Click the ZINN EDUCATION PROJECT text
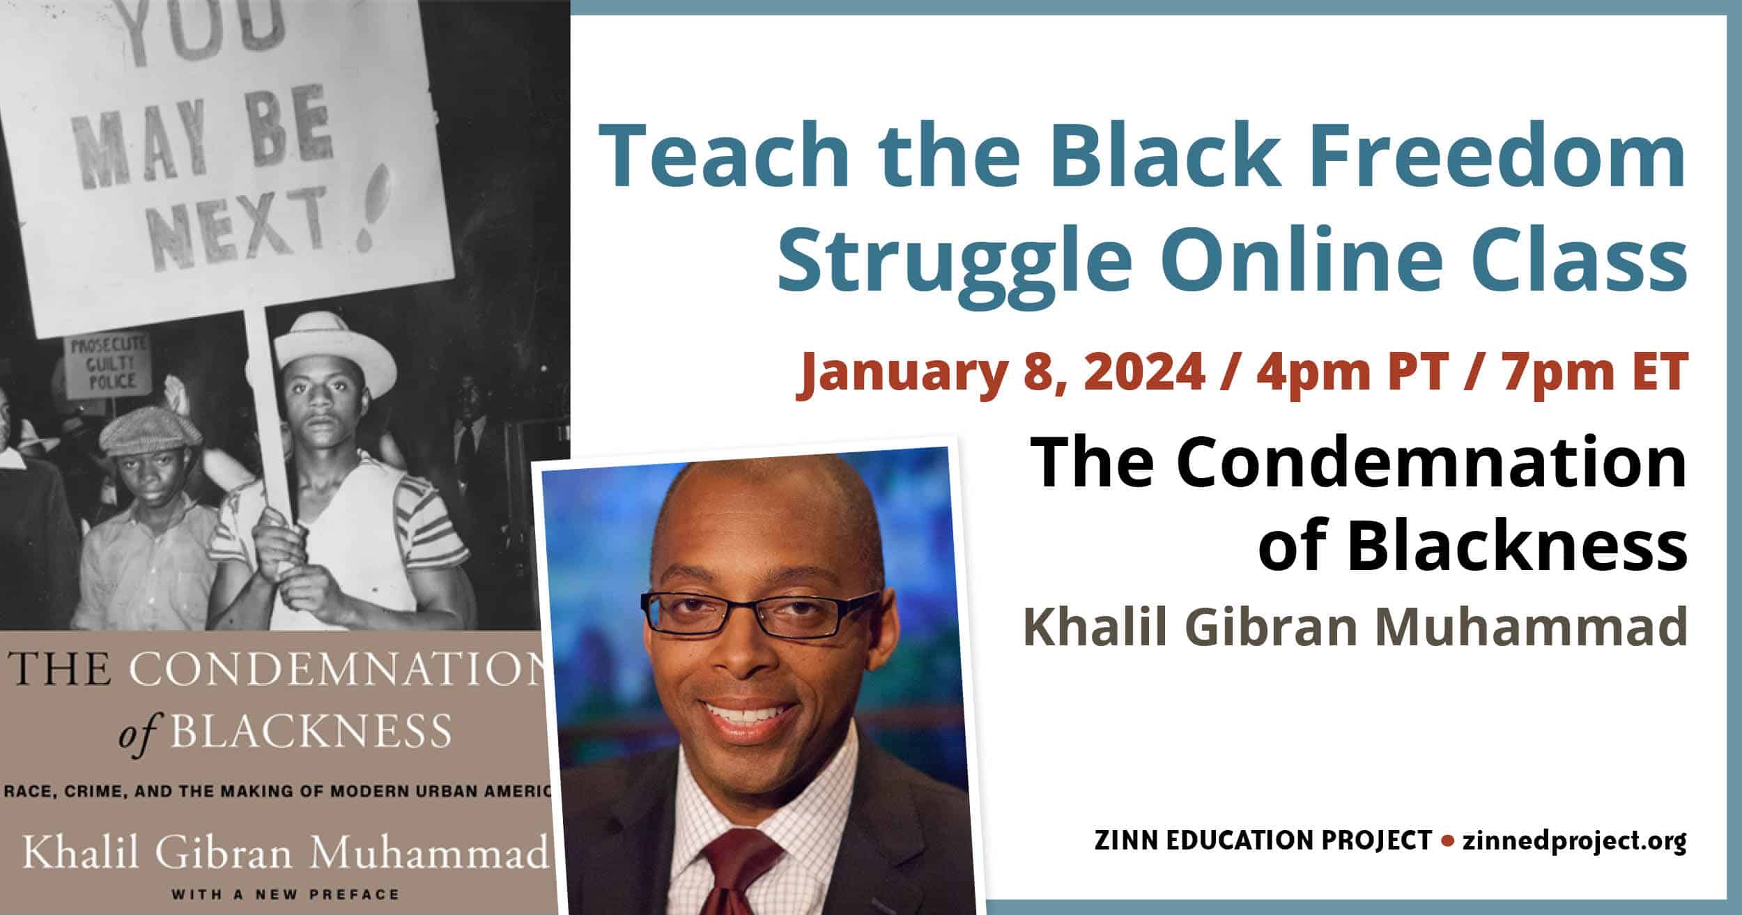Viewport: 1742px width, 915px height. tap(1263, 841)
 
